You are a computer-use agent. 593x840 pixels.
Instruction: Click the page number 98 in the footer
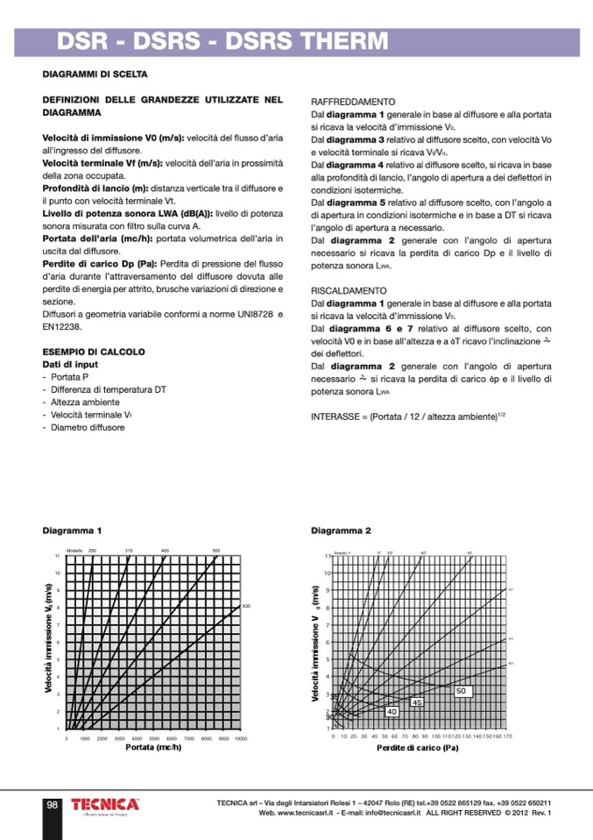coord(53,806)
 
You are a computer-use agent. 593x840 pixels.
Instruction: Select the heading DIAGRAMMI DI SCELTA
coord(95,75)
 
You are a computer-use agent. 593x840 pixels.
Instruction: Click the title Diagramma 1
coord(72,531)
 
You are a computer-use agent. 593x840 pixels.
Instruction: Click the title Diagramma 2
coord(341,531)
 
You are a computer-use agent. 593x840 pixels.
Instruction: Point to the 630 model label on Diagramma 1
coord(247,606)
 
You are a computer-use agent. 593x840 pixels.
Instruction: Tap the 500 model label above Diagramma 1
coord(216,550)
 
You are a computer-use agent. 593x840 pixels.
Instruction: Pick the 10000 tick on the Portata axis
coord(240,739)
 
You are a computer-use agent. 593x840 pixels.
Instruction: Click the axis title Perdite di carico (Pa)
coord(418,748)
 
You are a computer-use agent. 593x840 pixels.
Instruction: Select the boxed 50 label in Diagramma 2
coord(462,691)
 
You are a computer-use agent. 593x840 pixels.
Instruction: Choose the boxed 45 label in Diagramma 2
coord(417,702)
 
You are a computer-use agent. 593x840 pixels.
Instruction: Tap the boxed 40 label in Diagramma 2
coord(392,711)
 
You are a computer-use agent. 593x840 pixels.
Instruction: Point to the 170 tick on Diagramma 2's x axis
coord(508,737)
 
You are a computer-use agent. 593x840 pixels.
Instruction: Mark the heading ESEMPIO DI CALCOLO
coord(94,352)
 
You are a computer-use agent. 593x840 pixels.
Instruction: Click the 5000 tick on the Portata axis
coord(153,739)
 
